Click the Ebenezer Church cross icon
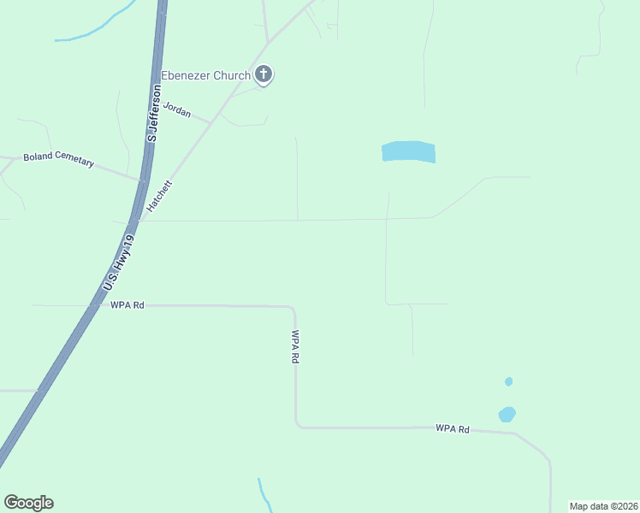tap(264, 75)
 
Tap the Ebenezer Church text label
tap(205, 75)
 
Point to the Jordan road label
tap(177, 110)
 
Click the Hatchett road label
tap(163, 197)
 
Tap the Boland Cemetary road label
tap(58, 158)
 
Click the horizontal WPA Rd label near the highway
tap(127, 304)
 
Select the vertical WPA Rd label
tap(295, 347)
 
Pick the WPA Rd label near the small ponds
tap(453, 428)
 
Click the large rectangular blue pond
tap(408, 152)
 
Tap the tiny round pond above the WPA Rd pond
tap(509, 381)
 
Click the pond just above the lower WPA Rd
tap(507, 415)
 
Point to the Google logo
tap(28, 503)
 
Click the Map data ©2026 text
tap(604, 506)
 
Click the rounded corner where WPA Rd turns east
tap(298, 422)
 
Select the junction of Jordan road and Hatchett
tap(210, 122)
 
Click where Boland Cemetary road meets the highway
tap(141, 179)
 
